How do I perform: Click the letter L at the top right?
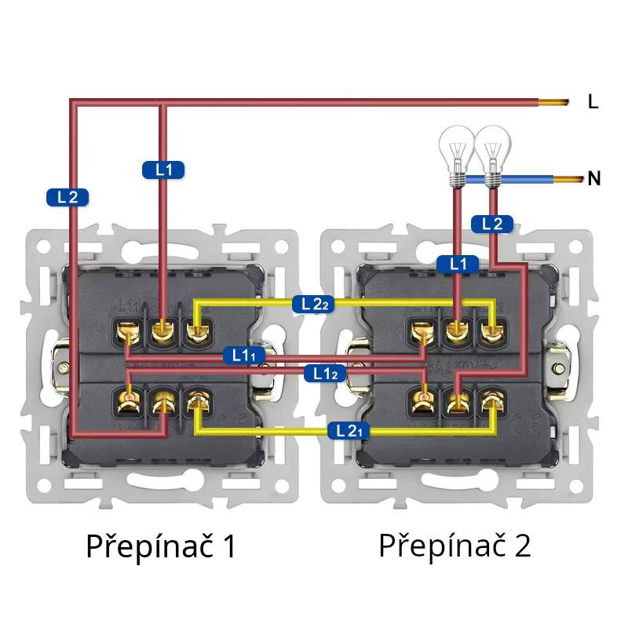pyautogui.click(x=593, y=101)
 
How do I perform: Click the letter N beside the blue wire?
pyautogui.click(x=594, y=179)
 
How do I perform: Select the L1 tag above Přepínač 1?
pyautogui.click(x=163, y=169)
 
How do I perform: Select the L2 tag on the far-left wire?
pyautogui.click(x=67, y=197)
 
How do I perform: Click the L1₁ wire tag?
pyautogui.click(x=244, y=355)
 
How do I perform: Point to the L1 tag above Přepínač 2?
pyautogui.click(x=457, y=264)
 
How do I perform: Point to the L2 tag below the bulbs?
pyautogui.click(x=492, y=224)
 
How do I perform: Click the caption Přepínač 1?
pyautogui.click(x=161, y=546)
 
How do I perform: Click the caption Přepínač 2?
pyautogui.click(x=455, y=546)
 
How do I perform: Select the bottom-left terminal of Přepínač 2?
pyautogui.click(x=424, y=403)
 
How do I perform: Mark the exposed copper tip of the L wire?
pyautogui.click(x=553, y=102)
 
